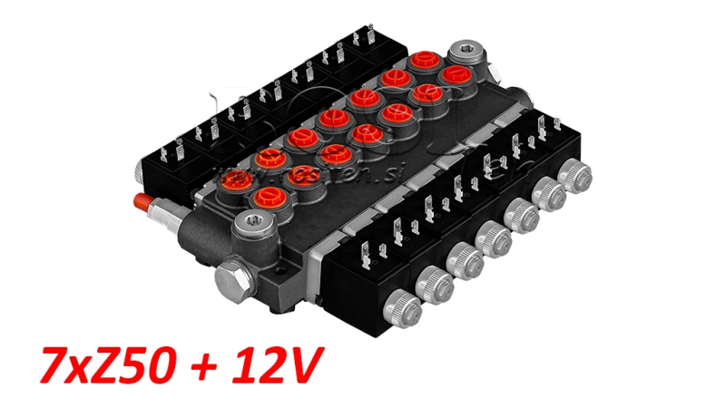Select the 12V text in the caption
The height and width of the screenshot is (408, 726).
(272, 367)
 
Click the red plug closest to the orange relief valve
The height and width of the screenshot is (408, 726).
(268, 160)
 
